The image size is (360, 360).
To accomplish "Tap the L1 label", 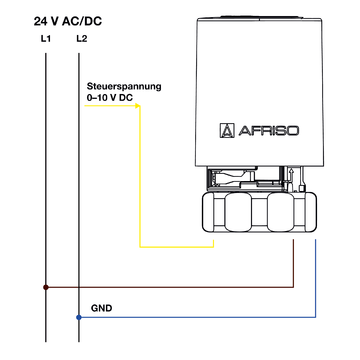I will tap(46, 39).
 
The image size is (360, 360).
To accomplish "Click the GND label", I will tap(101, 308).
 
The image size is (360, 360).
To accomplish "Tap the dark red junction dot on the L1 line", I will tap(46, 287).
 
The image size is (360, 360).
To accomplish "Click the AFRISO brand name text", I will tap(271, 129).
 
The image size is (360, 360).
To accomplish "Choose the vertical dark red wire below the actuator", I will tap(293, 265).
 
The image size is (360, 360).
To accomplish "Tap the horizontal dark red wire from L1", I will tap(170, 287).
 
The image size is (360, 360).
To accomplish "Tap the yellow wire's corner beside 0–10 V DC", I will tap(141, 107).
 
